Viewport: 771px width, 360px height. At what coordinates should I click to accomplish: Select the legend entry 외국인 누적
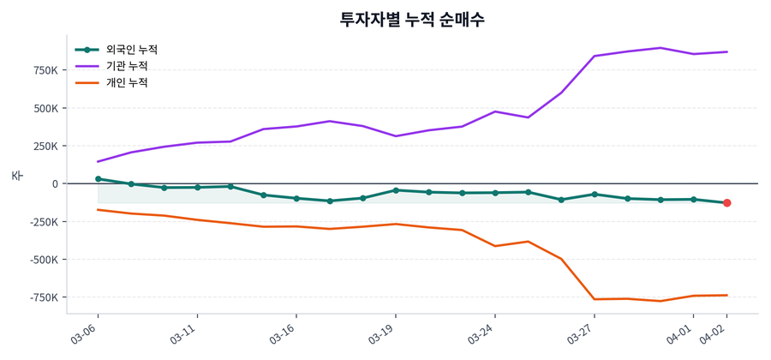coord(126,50)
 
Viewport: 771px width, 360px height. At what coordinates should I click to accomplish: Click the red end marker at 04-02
coord(726,203)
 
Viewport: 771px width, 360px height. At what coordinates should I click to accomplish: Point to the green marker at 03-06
coord(98,179)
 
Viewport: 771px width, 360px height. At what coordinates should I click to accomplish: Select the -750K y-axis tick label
coord(41,297)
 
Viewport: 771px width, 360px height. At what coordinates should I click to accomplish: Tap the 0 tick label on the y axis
coord(55,184)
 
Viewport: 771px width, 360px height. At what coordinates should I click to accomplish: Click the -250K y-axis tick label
coord(41,222)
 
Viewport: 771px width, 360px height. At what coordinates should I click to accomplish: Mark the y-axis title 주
coord(16,176)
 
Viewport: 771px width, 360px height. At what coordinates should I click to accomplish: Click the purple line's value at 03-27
coord(595,56)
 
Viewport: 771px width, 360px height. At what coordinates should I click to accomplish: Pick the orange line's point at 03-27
coord(595,299)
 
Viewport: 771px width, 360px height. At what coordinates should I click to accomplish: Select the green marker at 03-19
coord(396,190)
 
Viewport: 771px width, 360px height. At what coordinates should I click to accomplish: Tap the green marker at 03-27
coord(595,195)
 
